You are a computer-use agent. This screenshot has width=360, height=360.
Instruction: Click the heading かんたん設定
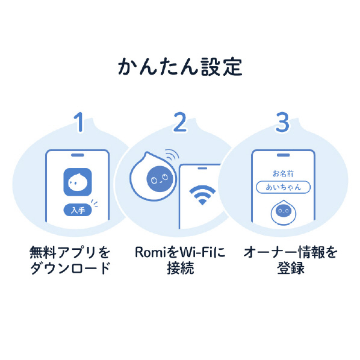(x=180, y=67)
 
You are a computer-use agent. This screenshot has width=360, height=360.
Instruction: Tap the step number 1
(x=79, y=122)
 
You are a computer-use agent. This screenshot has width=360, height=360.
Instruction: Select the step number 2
(x=180, y=122)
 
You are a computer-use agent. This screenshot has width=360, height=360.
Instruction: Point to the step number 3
(x=282, y=122)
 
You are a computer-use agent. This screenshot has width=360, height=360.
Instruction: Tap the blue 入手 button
(x=78, y=210)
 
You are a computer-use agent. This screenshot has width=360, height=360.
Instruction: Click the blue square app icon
(x=78, y=182)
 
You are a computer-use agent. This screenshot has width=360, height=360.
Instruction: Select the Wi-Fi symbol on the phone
(x=202, y=194)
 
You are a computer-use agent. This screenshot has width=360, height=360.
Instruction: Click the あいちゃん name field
(x=284, y=187)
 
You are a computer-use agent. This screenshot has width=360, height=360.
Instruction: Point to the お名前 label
(x=283, y=174)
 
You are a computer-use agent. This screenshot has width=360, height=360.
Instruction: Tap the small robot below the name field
(x=284, y=213)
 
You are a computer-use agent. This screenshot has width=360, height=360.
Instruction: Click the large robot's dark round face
(x=160, y=179)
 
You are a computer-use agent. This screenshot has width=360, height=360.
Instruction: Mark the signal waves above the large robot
(x=172, y=154)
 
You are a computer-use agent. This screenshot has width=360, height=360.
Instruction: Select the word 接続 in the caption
(x=181, y=268)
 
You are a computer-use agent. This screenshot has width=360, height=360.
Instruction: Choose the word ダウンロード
(x=70, y=268)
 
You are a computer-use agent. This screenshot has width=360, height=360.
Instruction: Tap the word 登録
(x=291, y=268)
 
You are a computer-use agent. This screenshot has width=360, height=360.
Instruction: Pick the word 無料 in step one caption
(x=43, y=252)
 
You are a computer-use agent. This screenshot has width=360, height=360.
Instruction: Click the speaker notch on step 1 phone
(x=78, y=155)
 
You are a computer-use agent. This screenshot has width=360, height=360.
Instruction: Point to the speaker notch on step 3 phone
(x=283, y=155)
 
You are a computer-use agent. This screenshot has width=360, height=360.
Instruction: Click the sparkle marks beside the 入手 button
(x=95, y=203)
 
